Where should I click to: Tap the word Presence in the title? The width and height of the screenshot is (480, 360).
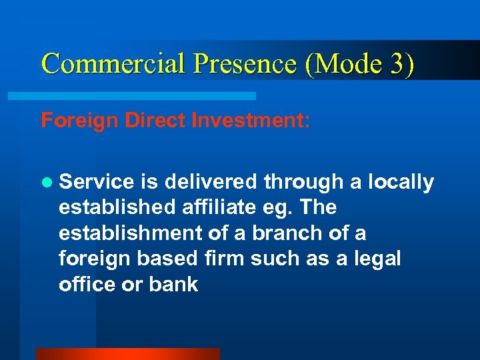pos(243,63)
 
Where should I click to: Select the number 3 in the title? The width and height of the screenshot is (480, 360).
pos(398,63)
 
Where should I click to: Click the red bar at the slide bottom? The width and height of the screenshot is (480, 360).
pos(127,354)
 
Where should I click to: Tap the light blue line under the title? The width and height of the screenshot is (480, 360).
pos(131,96)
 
